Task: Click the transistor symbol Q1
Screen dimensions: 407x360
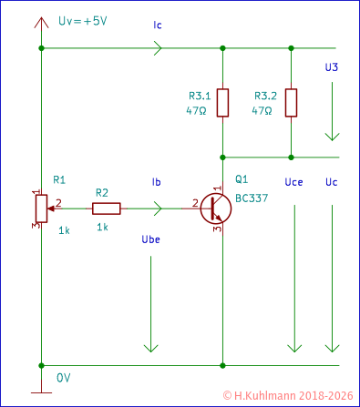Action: (216, 209)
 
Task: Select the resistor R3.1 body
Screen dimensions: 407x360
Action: (222, 103)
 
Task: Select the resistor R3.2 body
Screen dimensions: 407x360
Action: (291, 103)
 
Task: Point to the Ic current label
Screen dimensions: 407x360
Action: (159, 26)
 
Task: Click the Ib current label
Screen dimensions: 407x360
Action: (156, 183)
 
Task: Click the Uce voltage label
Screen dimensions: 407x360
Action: (293, 183)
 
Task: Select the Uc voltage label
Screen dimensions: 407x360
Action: (331, 183)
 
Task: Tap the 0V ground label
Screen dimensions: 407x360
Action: (63, 377)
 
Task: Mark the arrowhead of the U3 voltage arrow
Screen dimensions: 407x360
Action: (332, 136)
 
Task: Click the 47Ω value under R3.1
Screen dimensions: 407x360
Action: (198, 110)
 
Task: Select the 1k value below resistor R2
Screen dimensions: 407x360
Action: (102, 227)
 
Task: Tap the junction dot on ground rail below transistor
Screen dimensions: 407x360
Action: (222, 366)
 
